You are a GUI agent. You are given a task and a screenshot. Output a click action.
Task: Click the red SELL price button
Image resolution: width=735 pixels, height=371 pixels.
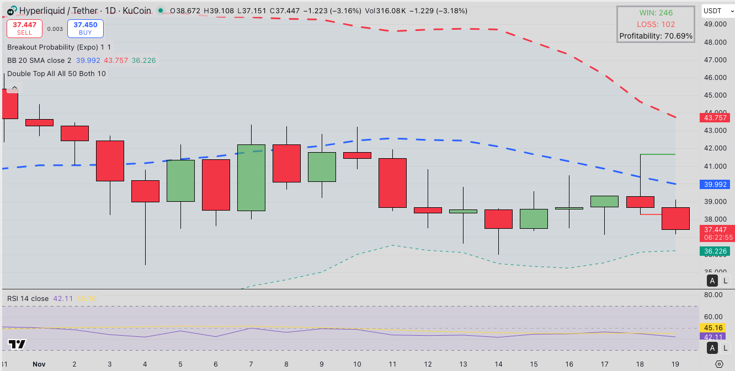point(24,29)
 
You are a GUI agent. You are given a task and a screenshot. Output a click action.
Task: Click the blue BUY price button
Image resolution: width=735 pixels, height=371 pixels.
point(85,29)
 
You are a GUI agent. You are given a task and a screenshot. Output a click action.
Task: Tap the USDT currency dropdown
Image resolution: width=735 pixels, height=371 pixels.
point(715,10)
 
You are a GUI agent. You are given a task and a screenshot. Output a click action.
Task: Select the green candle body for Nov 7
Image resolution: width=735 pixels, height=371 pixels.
point(251,178)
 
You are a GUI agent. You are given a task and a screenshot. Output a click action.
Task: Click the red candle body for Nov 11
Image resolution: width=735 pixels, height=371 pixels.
point(392,182)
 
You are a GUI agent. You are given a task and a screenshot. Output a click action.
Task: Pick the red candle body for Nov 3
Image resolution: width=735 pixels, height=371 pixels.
point(110,160)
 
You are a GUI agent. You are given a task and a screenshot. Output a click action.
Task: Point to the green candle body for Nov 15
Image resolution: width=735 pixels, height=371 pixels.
point(534,218)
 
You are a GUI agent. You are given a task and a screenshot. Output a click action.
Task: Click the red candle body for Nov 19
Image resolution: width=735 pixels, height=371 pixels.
point(675,218)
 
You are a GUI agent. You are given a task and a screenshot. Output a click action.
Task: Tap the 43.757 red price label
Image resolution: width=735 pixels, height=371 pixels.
point(715,117)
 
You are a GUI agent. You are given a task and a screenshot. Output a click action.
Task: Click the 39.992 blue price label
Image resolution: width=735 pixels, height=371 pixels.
point(715,184)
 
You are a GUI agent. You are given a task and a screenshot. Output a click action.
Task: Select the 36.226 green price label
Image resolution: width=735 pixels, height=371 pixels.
point(715,251)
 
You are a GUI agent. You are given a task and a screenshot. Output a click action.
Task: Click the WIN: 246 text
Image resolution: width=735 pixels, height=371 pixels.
point(656,13)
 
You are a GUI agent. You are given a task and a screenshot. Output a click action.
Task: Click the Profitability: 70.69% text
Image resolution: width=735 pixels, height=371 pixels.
point(656,36)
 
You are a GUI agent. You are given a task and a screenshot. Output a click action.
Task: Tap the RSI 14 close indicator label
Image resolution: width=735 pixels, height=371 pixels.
point(28,298)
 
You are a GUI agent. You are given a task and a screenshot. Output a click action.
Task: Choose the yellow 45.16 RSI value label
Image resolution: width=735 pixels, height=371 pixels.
point(715,327)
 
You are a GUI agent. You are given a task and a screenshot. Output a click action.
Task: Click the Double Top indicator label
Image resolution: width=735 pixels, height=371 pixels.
point(56,73)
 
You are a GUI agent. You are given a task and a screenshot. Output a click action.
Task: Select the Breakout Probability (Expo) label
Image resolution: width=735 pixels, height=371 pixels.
point(59,47)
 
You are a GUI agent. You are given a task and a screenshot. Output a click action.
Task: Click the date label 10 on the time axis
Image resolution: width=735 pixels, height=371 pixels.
point(357,364)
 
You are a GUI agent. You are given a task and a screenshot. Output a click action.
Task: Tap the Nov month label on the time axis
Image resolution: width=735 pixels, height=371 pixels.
point(39,364)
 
